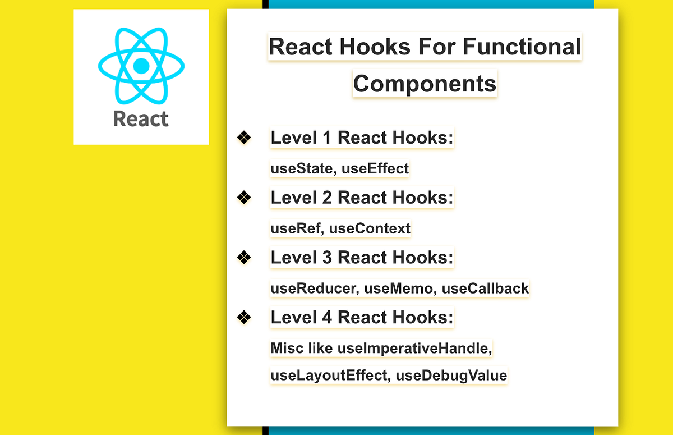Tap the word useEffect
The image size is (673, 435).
point(375,168)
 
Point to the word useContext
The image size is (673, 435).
point(370,228)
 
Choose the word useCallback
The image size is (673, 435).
point(485,288)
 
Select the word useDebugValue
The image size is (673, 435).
point(451,376)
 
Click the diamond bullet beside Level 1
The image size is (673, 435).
point(244,138)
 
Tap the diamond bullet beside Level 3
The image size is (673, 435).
point(244,257)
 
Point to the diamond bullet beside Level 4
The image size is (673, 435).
point(244,317)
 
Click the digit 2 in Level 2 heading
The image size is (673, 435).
point(327,198)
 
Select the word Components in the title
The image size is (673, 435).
point(425,84)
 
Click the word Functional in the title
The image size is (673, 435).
point(522,47)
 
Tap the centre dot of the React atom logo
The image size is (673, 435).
point(141,66)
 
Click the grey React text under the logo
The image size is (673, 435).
point(141,119)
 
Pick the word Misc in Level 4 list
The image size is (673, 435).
point(287,348)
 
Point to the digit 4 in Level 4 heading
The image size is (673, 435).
point(327,317)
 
